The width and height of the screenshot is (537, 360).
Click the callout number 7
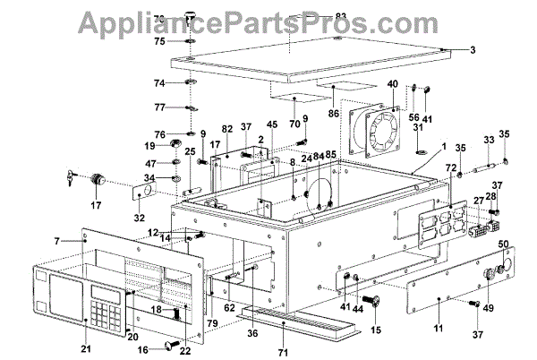(x=57, y=241)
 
